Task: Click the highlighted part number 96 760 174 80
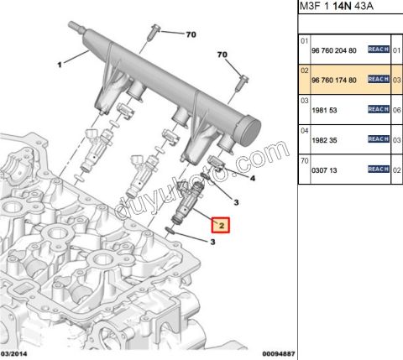pos(335,78)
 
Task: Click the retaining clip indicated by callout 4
pos(217,160)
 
